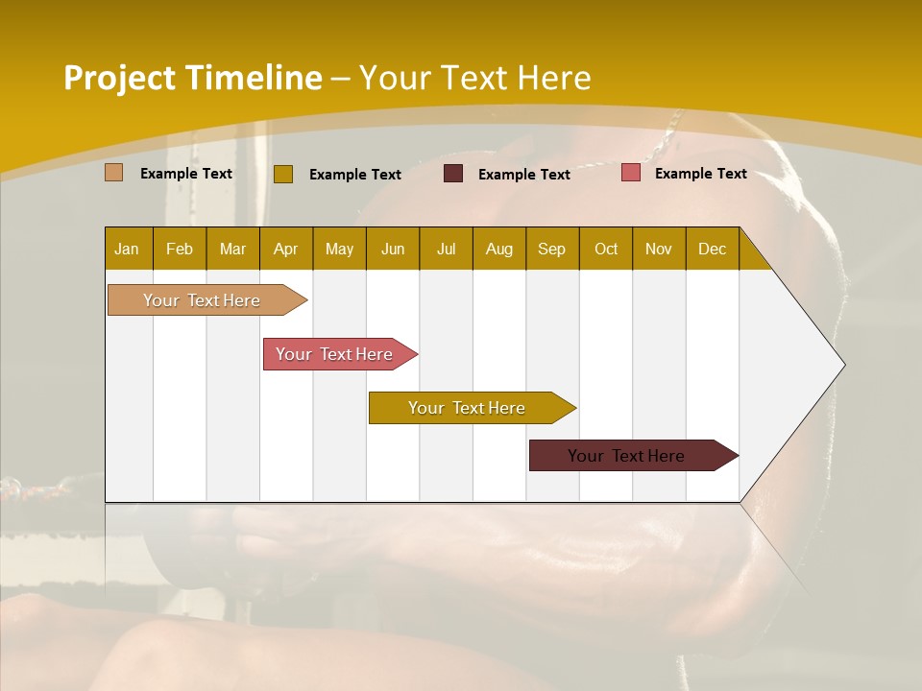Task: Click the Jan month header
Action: click(127, 249)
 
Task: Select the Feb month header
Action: click(180, 249)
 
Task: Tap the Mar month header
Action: click(232, 249)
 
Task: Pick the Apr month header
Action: click(286, 249)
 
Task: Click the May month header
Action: click(339, 249)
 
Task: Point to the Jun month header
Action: click(393, 249)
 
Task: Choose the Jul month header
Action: click(446, 249)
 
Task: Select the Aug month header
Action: click(499, 249)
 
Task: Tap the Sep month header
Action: click(552, 249)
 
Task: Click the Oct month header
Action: click(606, 249)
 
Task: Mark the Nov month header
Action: click(659, 249)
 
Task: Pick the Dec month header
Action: click(713, 249)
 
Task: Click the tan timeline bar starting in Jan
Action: click(203, 300)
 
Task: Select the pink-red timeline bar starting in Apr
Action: click(335, 354)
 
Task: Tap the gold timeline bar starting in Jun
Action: click(468, 408)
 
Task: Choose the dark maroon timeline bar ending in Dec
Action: click(627, 456)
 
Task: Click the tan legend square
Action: click(113, 173)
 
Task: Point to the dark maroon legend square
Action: click(453, 174)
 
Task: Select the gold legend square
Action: click(283, 174)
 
